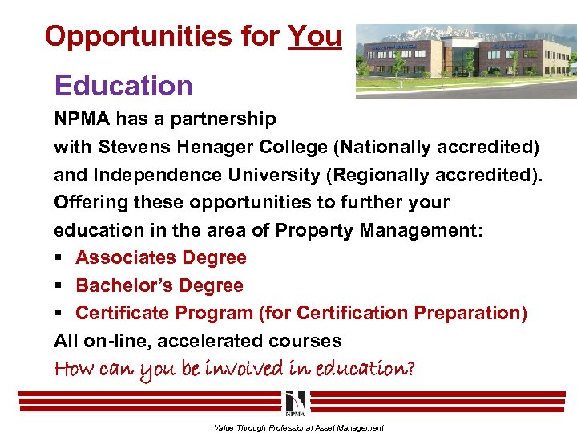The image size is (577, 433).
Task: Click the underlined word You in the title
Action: (x=314, y=36)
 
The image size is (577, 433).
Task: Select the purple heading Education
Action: (x=123, y=86)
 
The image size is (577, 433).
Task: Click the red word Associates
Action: (x=126, y=257)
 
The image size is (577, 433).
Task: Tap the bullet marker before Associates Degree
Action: (x=59, y=258)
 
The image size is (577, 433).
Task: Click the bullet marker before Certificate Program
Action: (x=59, y=314)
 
